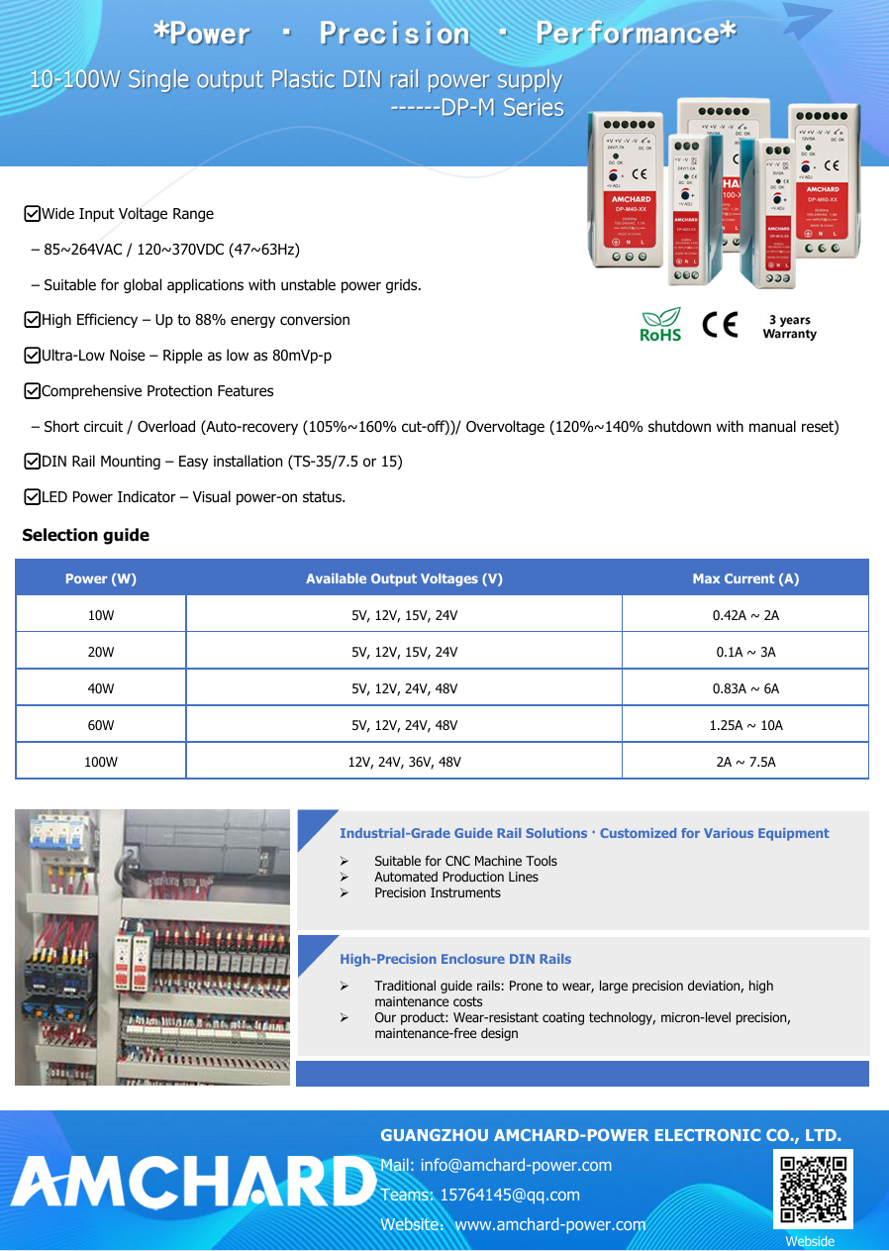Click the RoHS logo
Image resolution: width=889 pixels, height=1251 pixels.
(x=660, y=325)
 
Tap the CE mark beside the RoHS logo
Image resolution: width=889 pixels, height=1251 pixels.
(x=720, y=325)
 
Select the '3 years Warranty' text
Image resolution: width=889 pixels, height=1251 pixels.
(x=789, y=327)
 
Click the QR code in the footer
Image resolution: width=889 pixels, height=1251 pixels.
(x=813, y=1189)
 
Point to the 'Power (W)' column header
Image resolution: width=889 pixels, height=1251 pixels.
(x=101, y=578)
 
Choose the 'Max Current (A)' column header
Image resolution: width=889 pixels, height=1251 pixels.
(x=745, y=578)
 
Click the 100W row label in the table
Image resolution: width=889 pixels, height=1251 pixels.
(x=101, y=762)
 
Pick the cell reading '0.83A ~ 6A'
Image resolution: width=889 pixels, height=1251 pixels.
(x=745, y=688)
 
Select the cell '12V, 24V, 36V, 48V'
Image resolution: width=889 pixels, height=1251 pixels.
(x=404, y=762)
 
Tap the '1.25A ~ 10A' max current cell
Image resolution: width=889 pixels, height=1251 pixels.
(x=745, y=725)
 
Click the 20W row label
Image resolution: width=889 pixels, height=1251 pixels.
(x=101, y=652)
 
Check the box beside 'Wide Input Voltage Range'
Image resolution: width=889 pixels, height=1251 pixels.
(x=32, y=214)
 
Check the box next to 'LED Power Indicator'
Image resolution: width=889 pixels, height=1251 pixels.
(x=32, y=497)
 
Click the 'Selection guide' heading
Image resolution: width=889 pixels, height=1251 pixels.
(x=86, y=536)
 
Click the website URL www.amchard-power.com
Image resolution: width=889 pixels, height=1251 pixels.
(x=549, y=1224)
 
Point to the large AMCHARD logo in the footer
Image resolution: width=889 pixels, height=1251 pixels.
(x=193, y=1183)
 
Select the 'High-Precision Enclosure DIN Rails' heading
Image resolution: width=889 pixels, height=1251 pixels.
(x=455, y=959)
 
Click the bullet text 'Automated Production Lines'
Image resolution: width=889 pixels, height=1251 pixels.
(x=456, y=877)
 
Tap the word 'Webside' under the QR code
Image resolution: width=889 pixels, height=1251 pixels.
(x=810, y=1241)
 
